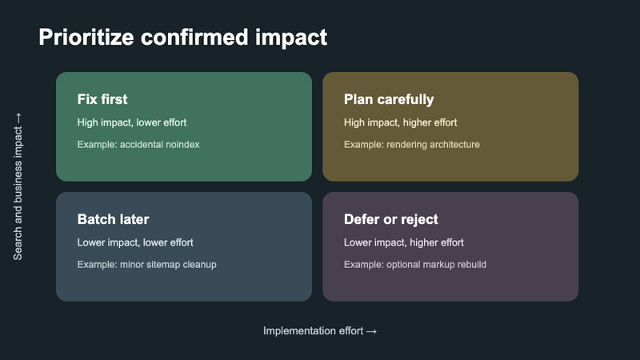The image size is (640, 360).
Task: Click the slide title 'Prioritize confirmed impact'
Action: click(183, 38)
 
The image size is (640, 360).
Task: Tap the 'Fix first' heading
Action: click(102, 99)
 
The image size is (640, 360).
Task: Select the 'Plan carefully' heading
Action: click(389, 99)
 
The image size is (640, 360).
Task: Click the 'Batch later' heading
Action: click(114, 219)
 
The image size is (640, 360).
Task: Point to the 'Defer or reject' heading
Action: click(391, 219)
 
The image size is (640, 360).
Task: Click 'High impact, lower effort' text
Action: click(132, 122)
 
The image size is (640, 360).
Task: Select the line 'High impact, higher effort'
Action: click(401, 122)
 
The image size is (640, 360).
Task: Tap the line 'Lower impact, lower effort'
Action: click(135, 242)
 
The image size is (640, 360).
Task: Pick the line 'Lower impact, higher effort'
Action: click(404, 242)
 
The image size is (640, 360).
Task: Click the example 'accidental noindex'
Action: click(159, 145)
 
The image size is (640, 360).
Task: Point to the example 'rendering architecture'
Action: click(433, 145)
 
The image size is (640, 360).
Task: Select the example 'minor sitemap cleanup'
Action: click(168, 265)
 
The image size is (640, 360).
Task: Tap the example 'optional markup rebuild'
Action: click(436, 265)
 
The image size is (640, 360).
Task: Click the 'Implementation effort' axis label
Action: click(313, 330)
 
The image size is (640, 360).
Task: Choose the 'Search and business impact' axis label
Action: click(18, 193)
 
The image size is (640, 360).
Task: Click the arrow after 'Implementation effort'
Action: click(371, 331)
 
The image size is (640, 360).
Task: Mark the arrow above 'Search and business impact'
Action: click(18, 118)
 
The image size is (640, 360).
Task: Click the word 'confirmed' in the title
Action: click(194, 38)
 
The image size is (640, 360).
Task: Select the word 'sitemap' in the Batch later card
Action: click(163, 265)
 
